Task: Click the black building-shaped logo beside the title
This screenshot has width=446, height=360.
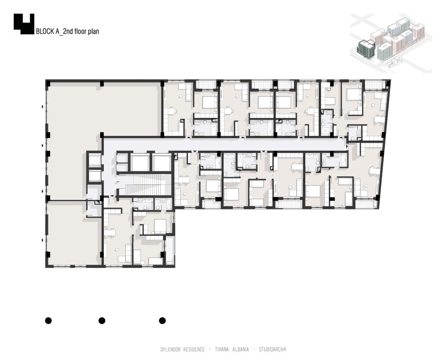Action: (x=24, y=24)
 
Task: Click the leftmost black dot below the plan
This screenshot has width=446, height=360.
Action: (x=48, y=321)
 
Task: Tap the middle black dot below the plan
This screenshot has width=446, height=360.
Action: (x=102, y=321)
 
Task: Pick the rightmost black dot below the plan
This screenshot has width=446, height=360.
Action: (x=162, y=321)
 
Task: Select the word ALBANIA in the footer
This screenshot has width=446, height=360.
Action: (x=240, y=349)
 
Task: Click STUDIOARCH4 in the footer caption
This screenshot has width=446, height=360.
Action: (x=272, y=349)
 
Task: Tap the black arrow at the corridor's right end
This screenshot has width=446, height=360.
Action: (x=347, y=146)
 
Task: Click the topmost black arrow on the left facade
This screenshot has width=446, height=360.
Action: (x=43, y=107)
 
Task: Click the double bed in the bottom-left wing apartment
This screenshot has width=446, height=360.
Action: (x=160, y=225)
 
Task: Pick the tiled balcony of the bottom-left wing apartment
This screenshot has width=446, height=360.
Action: (x=170, y=250)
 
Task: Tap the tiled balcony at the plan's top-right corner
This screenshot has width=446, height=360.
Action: (x=375, y=85)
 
